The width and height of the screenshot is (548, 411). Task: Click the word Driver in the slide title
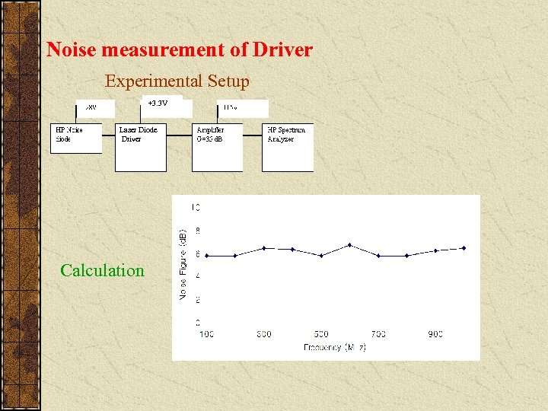pyautogui.click(x=282, y=50)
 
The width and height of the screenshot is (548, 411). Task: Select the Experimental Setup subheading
pyautogui.click(x=177, y=81)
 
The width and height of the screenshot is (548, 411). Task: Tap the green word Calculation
pyautogui.click(x=102, y=270)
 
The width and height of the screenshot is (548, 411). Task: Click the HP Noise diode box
pyautogui.click(x=75, y=138)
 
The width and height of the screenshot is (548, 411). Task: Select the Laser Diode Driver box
pyautogui.click(x=140, y=146)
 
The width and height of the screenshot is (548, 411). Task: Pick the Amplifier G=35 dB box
pyautogui.click(x=217, y=146)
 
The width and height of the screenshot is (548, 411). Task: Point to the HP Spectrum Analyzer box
pyautogui.click(x=288, y=146)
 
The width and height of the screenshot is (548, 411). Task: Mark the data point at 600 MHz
pyautogui.click(x=349, y=245)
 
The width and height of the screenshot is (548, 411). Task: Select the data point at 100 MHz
pyautogui.click(x=206, y=256)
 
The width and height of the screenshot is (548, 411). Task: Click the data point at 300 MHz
pyautogui.click(x=263, y=248)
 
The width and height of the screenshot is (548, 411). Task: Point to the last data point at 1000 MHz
pyautogui.click(x=464, y=248)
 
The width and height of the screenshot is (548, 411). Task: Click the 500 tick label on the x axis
pyautogui.click(x=321, y=334)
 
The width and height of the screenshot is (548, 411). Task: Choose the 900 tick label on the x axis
pyautogui.click(x=435, y=334)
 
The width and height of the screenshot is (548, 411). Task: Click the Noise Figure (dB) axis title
pyautogui.click(x=183, y=263)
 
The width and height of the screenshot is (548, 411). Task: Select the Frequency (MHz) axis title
pyautogui.click(x=335, y=347)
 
